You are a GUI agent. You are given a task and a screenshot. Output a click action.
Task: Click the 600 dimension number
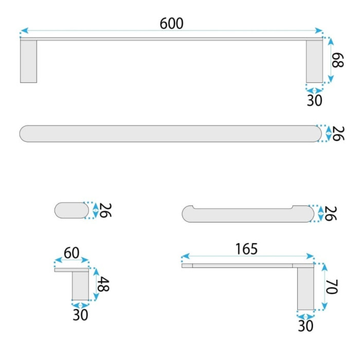[171, 24]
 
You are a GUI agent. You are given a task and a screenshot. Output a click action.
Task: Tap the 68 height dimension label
[338, 60]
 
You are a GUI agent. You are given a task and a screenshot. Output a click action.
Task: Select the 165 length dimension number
[246, 249]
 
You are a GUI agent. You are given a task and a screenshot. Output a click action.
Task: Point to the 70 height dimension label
[332, 287]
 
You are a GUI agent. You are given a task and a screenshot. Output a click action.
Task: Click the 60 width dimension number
[71, 253]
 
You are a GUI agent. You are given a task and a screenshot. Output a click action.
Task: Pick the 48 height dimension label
[103, 284]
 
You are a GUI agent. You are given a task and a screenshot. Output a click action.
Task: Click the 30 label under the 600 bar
[315, 100]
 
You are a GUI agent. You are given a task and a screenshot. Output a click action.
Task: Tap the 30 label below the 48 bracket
[80, 315]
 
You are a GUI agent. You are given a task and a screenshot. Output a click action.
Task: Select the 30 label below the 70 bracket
[305, 326]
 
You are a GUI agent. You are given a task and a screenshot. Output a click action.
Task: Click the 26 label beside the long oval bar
[338, 133]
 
